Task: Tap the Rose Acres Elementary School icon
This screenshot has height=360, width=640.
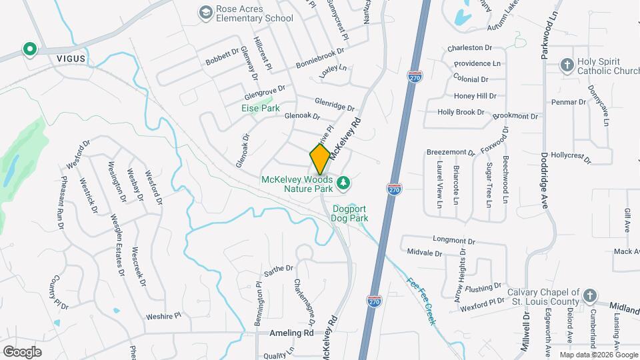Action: pyautogui.click(x=206, y=12)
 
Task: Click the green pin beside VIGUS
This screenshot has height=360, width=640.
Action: pyautogui.click(x=29, y=49)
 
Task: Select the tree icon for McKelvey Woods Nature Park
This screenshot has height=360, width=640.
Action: pyautogui.click(x=344, y=182)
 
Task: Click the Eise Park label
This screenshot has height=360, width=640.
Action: pyautogui.click(x=261, y=107)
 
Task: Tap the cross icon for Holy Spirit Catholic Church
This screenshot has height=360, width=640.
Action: pyautogui.click(x=567, y=65)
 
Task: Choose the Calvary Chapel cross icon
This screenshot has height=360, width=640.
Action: pyautogui.click(x=589, y=295)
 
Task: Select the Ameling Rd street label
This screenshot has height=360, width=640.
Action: pyautogui.click(x=291, y=332)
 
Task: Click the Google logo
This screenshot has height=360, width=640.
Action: pyautogui.click(x=23, y=351)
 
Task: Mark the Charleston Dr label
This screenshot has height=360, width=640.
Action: pyautogui.click(x=469, y=48)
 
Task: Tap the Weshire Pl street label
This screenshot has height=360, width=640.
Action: pyautogui.click(x=163, y=316)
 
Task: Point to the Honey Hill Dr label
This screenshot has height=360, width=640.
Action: pyautogui.click(x=475, y=95)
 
